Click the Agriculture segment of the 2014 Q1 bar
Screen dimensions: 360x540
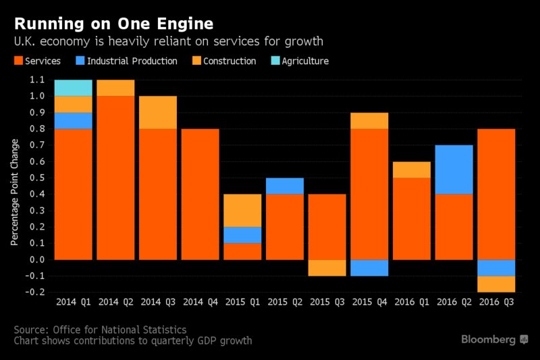73,88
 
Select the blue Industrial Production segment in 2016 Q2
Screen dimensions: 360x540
454,170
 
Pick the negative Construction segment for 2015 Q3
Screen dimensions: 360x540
327,267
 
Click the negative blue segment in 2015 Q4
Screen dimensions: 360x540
369,267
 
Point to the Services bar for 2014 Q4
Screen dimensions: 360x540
200,194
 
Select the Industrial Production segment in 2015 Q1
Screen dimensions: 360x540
242,234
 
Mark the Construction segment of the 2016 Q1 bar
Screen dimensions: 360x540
411,170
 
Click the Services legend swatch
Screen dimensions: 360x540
18,61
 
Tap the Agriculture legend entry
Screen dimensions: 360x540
299,61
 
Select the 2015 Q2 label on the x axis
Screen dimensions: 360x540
284,303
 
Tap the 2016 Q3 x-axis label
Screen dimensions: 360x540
496,303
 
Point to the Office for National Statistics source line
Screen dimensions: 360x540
100,329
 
